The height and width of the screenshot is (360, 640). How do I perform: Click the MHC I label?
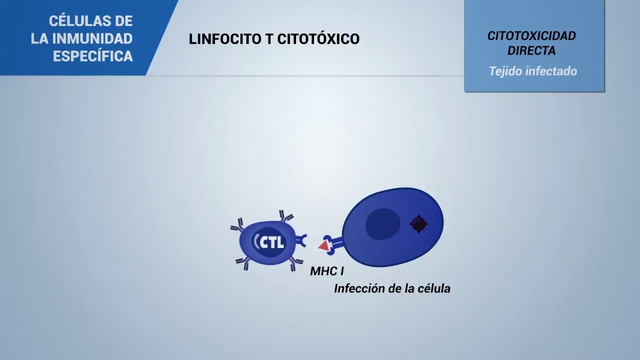(326, 271)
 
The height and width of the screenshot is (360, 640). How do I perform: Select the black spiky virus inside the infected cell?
(418, 224)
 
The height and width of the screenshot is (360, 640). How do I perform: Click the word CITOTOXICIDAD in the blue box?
(531, 36)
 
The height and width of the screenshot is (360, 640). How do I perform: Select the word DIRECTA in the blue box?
(531, 51)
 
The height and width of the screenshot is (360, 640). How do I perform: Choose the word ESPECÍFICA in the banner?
(93, 56)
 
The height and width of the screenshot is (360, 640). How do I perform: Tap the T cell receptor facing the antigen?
(301, 241)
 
